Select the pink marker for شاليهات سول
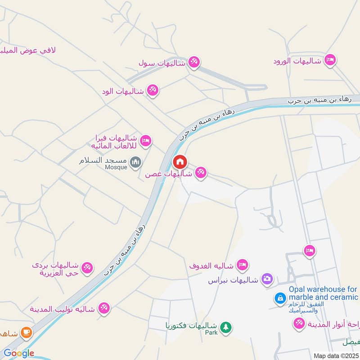194,62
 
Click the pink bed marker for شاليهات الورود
330,60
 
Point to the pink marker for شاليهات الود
153,90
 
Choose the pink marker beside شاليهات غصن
201,172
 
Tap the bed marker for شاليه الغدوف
243,264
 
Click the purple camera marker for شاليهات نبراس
267,279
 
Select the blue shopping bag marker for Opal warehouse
280,298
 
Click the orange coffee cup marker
27,333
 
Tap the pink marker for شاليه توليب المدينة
104,308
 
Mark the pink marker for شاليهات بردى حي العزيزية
88,267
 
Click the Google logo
18,353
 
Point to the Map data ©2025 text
335,355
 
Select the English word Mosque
116,167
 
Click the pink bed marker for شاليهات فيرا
146,141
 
